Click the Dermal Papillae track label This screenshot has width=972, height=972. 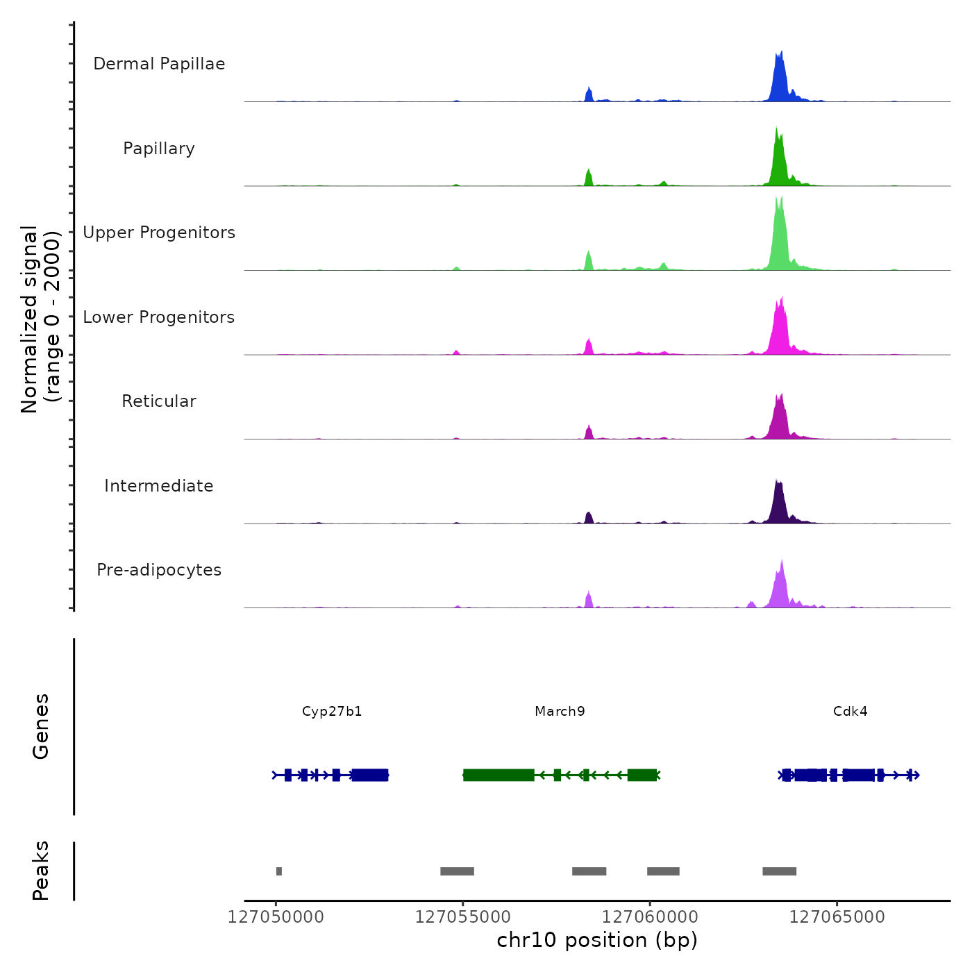[159, 64]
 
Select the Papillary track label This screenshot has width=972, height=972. [159, 149]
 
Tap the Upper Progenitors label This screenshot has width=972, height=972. [159, 233]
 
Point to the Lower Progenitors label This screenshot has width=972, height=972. [159, 317]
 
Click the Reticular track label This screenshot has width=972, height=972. [159, 401]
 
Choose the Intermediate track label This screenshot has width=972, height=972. [159, 486]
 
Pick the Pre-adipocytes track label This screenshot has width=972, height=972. [159, 570]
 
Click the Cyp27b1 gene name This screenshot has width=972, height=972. [332, 712]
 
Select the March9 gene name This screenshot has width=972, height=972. [560, 712]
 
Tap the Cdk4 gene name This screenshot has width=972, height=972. [850, 712]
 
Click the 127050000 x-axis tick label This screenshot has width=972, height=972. [276, 917]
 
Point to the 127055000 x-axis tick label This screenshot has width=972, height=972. [463, 917]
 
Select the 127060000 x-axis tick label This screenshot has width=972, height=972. [650, 917]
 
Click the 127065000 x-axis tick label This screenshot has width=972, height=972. [837, 917]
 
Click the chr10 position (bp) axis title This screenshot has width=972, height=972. [597, 940]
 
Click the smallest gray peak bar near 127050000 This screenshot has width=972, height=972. [279, 871]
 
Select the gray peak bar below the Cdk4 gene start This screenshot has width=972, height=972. [779, 871]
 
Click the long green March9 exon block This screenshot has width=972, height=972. [498, 775]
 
